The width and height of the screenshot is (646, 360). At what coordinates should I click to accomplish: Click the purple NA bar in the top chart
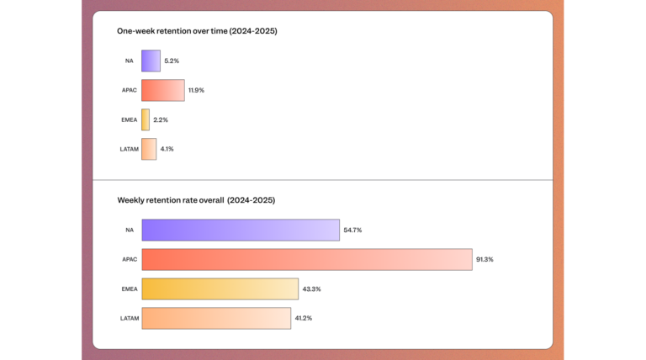[151, 61]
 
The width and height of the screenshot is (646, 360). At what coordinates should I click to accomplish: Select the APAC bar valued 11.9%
[163, 90]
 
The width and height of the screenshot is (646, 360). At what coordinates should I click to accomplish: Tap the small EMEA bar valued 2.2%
[146, 119]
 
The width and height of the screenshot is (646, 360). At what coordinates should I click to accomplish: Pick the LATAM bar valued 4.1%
[149, 149]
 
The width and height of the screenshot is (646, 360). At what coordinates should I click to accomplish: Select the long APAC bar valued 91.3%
[306, 259]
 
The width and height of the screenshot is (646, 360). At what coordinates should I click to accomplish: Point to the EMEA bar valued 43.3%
[220, 289]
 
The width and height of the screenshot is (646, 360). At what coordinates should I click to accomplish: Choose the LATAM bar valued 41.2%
[216, 318]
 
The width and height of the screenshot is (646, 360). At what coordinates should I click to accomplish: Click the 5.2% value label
[172, 61]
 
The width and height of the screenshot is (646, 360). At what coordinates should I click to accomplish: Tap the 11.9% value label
[197, 90]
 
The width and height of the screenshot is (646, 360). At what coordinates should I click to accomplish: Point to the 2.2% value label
[161, 119]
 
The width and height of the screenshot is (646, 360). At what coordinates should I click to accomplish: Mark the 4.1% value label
[167, 149]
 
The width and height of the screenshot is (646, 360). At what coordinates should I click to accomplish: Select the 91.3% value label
[484, 259]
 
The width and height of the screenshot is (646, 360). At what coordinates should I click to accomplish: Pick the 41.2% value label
[304, 318]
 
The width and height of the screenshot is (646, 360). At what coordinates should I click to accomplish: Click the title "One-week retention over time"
[197, 31]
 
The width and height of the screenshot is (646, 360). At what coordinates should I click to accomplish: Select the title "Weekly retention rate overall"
[196, 200]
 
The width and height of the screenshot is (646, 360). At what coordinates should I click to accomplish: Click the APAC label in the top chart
[129, 90]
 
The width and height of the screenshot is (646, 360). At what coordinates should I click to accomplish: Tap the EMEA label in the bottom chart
[128, 289]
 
